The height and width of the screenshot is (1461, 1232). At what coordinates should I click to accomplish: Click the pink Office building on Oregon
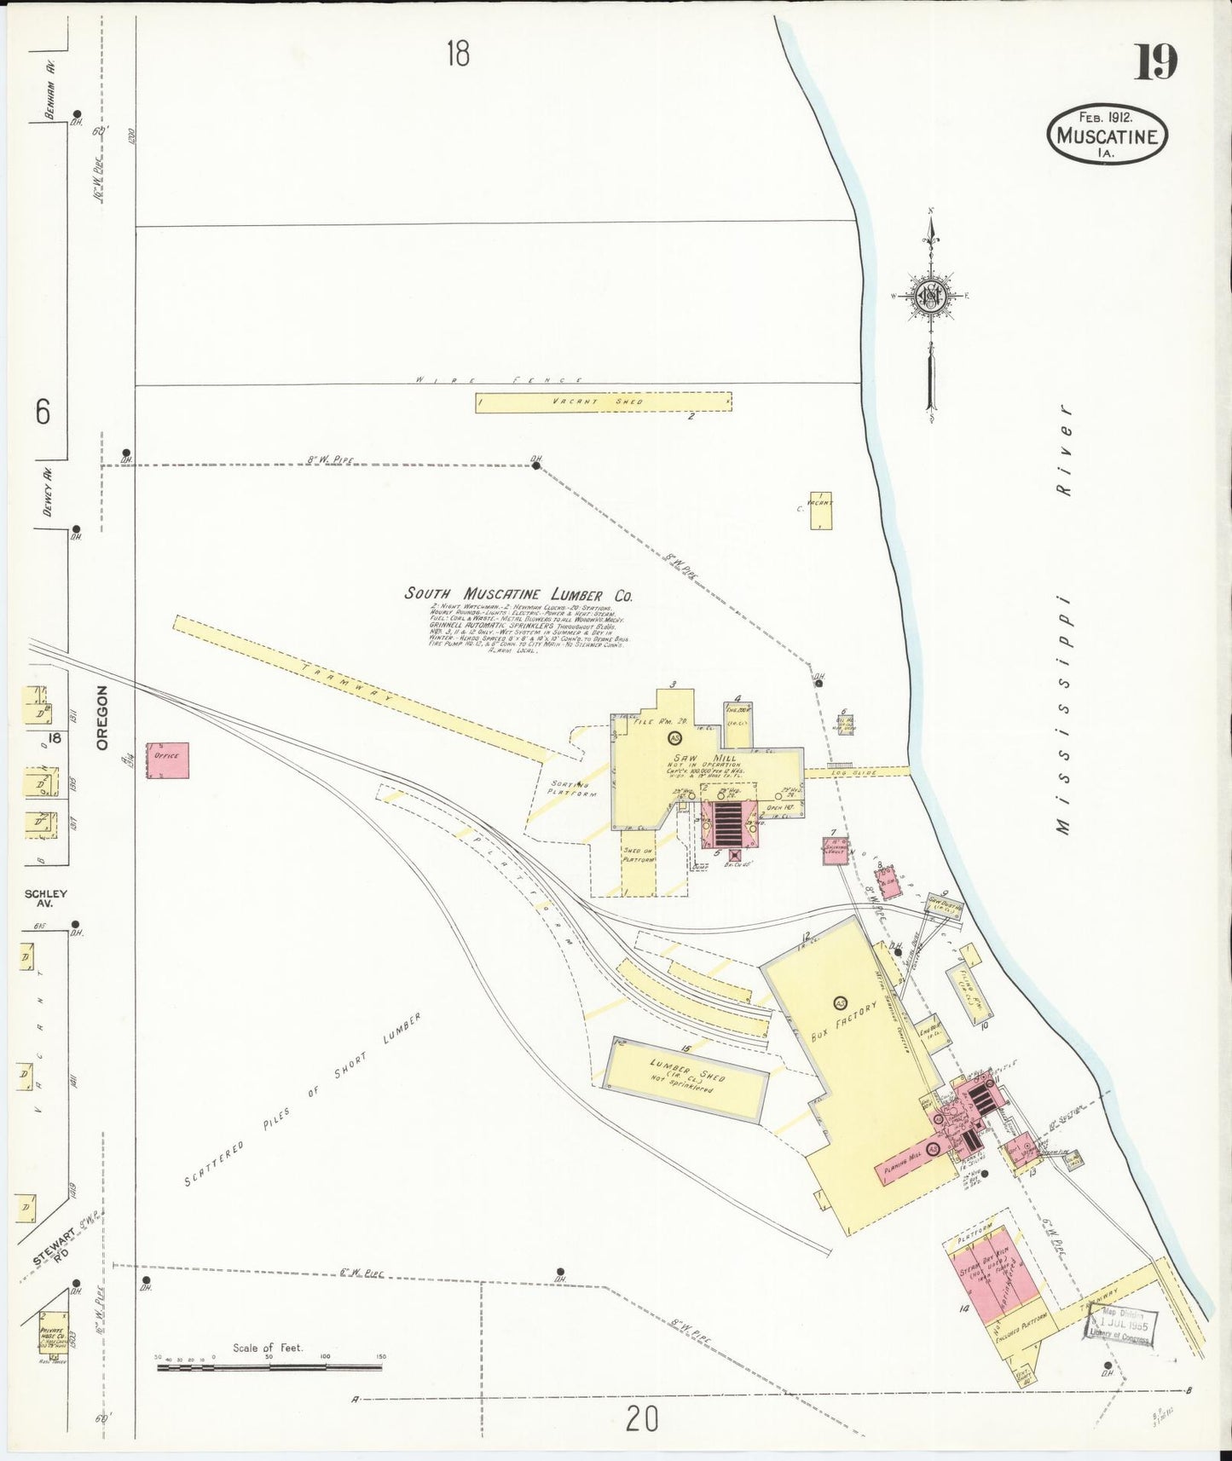click(x=167, y=759)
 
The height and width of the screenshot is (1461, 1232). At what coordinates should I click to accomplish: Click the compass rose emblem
click(x=930, y=297)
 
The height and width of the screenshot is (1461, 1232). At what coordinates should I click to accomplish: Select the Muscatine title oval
click(x=1107, y=135)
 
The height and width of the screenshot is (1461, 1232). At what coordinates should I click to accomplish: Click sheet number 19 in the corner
click(x=1155, y=61)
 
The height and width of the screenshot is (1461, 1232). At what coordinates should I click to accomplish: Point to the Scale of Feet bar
click(x=269, y=1367)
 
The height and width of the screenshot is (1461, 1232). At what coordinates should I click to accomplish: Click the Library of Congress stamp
click(x=1118, y=1325)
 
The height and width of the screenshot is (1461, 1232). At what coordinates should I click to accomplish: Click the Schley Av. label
click(x=46, y=898)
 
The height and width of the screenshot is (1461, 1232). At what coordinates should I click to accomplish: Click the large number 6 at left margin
click(x=43, y=413)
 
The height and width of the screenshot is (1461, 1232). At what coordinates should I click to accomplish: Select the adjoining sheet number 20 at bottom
click(x=641, y=1419)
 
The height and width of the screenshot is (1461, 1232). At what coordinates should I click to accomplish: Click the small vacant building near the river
click(x=821, y=510)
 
